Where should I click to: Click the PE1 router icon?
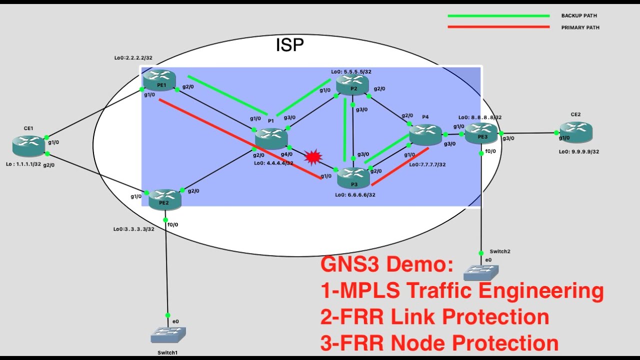[159, 80]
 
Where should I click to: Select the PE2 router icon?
[164, 199]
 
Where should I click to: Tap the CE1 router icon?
[29, 145]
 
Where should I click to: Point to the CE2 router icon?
[575, 131]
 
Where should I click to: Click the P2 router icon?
[352, 84]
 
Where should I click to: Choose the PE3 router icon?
[481, 133]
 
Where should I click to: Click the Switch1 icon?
[168, 334]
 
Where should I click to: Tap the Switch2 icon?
[481, 272]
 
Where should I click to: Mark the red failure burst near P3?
[313, 157]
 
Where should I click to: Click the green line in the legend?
[498, 16]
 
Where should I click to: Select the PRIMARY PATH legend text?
[580, 27]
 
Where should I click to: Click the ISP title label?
[289, 45]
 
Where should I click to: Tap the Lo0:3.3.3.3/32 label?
[133, 229]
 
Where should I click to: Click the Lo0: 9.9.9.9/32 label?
[579, 151]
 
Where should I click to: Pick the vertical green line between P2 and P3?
[344, 129]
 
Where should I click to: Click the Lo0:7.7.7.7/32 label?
[427, 164]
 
